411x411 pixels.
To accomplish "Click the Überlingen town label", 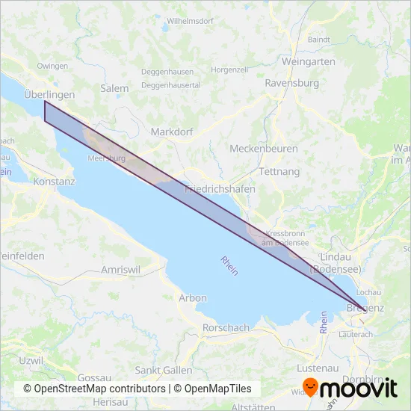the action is (49, 95).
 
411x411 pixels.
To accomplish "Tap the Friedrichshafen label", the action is (220, 189).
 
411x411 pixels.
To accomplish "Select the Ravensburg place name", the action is (292, 83).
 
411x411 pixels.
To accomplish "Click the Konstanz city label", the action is (55, 182).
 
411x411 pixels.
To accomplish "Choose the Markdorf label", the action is (173, 132).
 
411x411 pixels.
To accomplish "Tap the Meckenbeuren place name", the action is (264, 149).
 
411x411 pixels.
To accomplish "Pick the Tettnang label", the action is (278, 171).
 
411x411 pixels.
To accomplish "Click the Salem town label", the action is (114, 88).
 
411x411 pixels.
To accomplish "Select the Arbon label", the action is (193, 297).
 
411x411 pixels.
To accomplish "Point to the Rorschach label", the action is (226, 328).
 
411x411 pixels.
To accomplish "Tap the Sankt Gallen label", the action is (164, 370).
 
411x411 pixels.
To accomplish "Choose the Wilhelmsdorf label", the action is (191, 22).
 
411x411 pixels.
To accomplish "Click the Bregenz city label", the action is (371, 307).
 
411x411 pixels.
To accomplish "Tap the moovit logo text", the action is (359, 387).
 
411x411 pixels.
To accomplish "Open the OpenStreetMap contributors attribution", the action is (94, 389).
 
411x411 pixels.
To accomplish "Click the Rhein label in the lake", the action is (229, 266).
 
